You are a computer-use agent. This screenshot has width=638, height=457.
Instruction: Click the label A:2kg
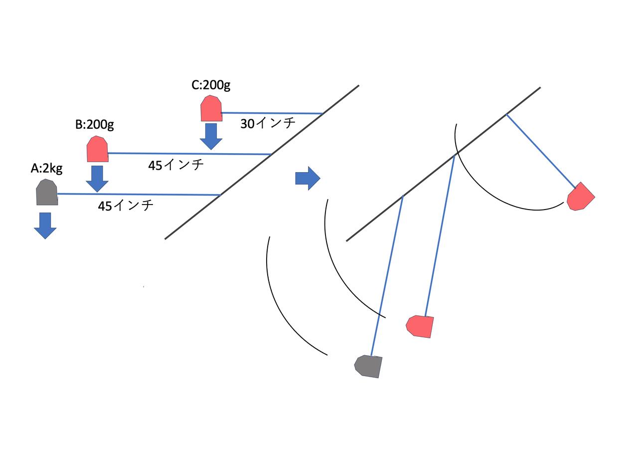pos(46,169)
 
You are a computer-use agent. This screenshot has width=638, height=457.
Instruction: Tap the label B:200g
pos(94,124)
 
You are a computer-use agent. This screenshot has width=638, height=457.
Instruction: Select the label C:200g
pos(211,85)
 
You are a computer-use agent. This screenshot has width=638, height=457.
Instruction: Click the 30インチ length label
pos(268,123)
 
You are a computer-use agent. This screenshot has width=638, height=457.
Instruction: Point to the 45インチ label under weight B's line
pos(176,165)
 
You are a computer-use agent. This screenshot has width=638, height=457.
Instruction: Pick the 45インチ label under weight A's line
pos(126,205)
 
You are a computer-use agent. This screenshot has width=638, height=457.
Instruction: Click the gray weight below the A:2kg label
pos(47,193)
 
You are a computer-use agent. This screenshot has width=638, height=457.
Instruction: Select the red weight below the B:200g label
pos(97,149)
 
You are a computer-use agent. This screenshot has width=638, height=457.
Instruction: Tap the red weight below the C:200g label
pos(211,109)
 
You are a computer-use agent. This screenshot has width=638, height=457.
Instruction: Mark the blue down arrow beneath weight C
pos(211,136)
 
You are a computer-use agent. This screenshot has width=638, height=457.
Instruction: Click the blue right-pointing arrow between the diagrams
pos(308,178)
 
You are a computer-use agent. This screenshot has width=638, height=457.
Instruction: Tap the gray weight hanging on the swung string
pos(369,366)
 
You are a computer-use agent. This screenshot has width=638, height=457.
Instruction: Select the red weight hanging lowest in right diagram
pos(420,326)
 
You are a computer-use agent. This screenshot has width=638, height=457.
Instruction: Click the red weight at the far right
pos(580,197)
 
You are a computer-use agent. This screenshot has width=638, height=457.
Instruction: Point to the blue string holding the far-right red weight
pos(540,150)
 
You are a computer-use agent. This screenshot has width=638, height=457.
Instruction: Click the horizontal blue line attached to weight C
pos(272,113)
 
